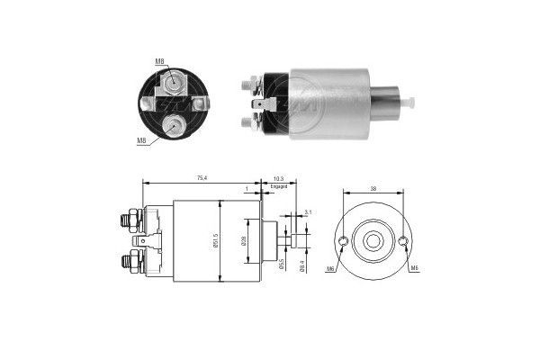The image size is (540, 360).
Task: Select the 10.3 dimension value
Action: click(279, 180)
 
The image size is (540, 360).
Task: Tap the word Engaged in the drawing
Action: click(279, 187)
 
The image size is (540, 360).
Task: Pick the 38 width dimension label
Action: click(373, 190)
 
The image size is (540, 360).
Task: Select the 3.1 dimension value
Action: click(308, 211)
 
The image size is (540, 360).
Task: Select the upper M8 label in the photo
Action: click(158, 61)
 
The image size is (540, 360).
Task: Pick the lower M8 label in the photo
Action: click(140, 141)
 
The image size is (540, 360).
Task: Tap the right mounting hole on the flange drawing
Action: click(403, 241)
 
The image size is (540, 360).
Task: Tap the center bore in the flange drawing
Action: click(373, 241)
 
